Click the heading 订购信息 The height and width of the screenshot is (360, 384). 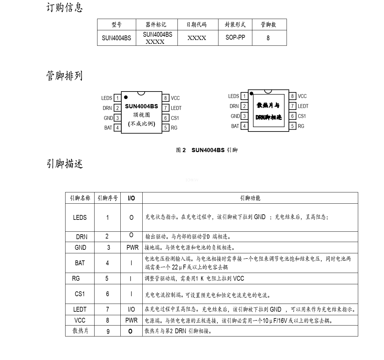pyautogui.click(x=65, y=7)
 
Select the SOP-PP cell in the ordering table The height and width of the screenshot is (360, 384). pyautogui.click(x=235, y=37)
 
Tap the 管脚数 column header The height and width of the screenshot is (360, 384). pyautogui.click(x=268, y=24)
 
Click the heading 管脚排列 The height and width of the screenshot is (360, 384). pyautogui.click(x=65, y=76)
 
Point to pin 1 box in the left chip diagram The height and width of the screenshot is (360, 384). pyautogui.click(x=117, y=98)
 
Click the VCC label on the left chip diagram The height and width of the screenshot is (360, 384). pyautogui.click(x=175, y=98)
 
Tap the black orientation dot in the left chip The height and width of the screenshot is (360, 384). pyautogui.click(x=126, y=97)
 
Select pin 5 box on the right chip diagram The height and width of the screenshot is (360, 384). pyautogui.click(x=293, y=126)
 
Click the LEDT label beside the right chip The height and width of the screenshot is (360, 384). pyautogui.click(x=303, y=106)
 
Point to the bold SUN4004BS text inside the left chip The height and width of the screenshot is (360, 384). pyautogui.click(x=142, y=106)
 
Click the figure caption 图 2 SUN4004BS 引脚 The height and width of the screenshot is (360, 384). pyautogui.click(x=207, y=150)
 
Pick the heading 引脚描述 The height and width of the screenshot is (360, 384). pyautogui.click(x=65, y=164)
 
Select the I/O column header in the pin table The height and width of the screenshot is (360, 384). pyautogui.click(x=131, y=198)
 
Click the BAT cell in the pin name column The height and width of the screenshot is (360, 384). pyautogui.click(x=80, y=263)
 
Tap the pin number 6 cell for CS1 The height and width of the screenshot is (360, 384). pyautogui.click(x=107, y=294)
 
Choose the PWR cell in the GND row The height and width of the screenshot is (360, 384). pyautogui.click(x=132, y=248)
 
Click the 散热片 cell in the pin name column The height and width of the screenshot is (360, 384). pyautogui.click(x=80, y=331)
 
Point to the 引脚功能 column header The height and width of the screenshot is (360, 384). pyautogui.click(x=250, y=198)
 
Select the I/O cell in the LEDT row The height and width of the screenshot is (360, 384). pyautogui.click(x=131, y=309)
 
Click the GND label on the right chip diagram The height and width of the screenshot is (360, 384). pyautogui.click(x=235, y=116)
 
